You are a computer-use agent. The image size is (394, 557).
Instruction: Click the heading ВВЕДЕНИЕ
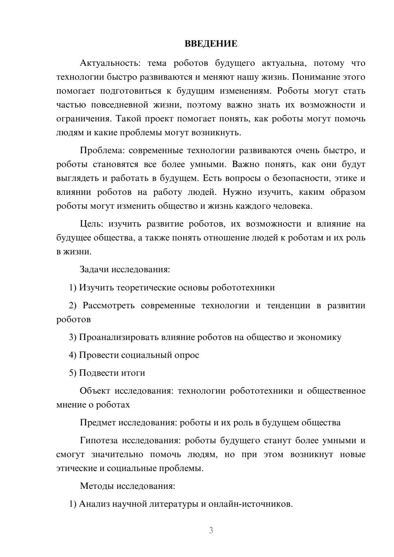211,44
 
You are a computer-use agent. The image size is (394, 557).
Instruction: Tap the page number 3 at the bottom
211,530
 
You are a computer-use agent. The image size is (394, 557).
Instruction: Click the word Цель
91,224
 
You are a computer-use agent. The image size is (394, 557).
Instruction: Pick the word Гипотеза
98,440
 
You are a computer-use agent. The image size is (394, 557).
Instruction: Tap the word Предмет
98,423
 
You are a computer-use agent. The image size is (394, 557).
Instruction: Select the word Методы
97,486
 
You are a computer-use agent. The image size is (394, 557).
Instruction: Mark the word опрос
186,355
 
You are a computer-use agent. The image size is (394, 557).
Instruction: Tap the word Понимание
317,77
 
